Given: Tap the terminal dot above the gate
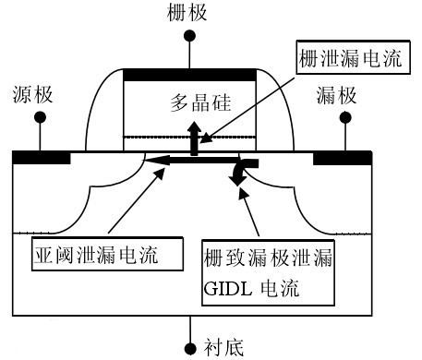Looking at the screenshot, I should [190, 35].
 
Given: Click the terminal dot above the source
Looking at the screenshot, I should [40, 117].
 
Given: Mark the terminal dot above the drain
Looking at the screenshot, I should [345, 117].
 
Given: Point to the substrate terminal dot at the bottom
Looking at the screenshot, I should [190, 348].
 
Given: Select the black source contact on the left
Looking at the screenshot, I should [42, 158].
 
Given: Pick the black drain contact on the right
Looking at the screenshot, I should [343, 158].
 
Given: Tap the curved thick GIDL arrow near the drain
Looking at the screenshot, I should [246, 172].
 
